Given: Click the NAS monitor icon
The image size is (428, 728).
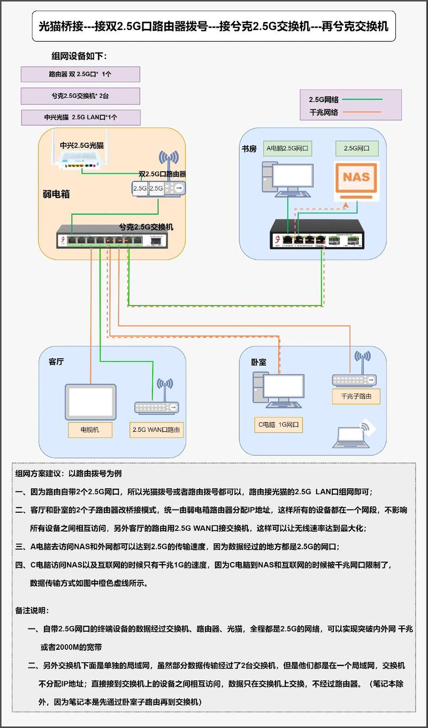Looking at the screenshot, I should pyautogui.click(x=356, y=178).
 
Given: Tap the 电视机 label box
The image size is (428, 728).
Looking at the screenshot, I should pyautogui.click(x=89, y=429).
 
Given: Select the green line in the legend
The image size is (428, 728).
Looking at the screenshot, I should pyautogui.click(x=362, y=99).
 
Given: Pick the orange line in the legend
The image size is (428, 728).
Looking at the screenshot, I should pyautogui.click(x=362, y=112).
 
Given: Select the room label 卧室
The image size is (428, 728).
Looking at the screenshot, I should pyautogui.click(x=258, y=362).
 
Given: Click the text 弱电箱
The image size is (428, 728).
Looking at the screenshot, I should pyautogui.click(x=56, y=194).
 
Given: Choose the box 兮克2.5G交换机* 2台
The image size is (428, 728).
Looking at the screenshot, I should pyautogui.click(x=80, y=96).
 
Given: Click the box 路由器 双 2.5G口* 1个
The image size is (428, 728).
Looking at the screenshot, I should pyautogui.click(x=80, y=74).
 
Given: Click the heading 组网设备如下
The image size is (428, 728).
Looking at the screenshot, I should pyautogui.click(x=79, y=56).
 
